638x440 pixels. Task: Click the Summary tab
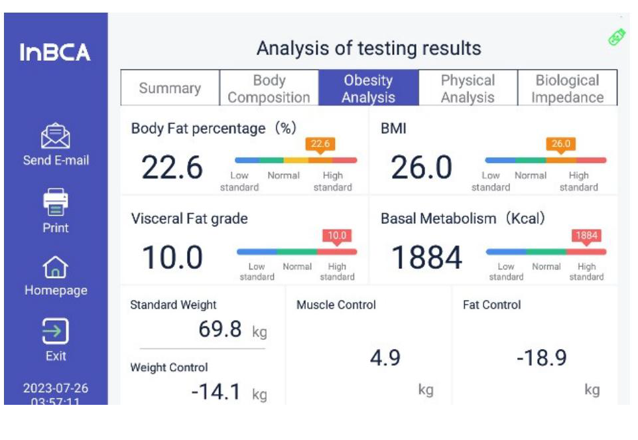(170, 88)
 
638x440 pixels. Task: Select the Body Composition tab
(269, 88)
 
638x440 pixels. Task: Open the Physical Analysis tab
(468, 88)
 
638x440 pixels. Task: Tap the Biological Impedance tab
(567, 88)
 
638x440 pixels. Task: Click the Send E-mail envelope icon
(56, 136)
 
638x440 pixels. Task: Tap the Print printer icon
(56, 202)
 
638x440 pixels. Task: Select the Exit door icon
(56, 330)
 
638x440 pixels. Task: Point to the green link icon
(617, 37)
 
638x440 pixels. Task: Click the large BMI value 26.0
(421, 168)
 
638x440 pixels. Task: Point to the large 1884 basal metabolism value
(426, 257)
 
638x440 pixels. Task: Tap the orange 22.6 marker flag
(320, 143)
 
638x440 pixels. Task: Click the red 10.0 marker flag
(337, 236)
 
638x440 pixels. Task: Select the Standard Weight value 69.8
(220, 329)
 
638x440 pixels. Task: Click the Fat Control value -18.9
(541, 358)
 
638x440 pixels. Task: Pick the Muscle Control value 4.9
(385, 358)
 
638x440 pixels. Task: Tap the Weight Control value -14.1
(216, 392)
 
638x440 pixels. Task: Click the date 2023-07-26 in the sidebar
(56, 388)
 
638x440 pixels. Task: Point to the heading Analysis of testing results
(369, 48)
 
